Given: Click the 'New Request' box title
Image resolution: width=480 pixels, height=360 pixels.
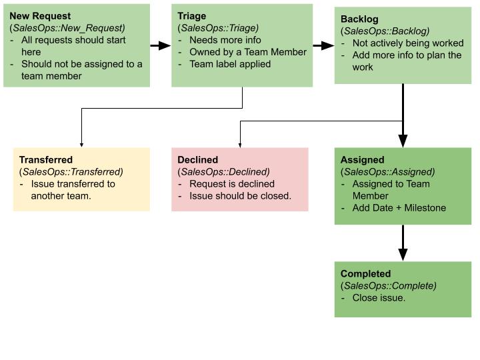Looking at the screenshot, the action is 40,16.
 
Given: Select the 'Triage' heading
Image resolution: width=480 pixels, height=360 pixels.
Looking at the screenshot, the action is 191,16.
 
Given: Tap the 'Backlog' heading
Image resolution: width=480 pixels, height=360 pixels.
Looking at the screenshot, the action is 359,19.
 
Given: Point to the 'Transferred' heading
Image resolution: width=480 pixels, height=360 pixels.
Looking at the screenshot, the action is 46,160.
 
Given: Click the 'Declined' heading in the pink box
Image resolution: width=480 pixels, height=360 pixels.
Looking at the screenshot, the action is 198,160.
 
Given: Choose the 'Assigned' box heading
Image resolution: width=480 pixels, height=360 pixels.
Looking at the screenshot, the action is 362,160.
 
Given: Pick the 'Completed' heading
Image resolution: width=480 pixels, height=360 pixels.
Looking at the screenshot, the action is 365,274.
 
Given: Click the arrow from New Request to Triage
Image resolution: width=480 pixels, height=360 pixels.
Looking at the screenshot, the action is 161,45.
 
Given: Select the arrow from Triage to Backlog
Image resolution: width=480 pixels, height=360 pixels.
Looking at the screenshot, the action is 323,45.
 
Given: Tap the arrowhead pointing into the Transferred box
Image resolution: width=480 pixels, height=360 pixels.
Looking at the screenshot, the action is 81,145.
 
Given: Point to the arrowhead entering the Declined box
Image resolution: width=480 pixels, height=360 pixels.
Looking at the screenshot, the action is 240,145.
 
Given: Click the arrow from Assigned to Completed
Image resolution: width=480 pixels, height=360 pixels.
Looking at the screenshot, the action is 403,243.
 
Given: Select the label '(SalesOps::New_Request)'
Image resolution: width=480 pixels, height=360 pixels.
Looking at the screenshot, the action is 67,28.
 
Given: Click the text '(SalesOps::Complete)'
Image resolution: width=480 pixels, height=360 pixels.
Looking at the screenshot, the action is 389,285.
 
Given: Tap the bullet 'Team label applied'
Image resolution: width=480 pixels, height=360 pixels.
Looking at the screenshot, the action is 230,64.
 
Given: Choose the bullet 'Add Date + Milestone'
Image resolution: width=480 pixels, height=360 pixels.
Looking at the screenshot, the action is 399,208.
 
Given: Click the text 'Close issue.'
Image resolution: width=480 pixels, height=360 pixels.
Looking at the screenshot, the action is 379,297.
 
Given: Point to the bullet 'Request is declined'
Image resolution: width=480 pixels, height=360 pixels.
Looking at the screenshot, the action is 232,184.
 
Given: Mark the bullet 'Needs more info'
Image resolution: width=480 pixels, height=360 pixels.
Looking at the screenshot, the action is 225,40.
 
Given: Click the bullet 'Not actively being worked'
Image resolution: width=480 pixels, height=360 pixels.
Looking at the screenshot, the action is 408,43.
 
